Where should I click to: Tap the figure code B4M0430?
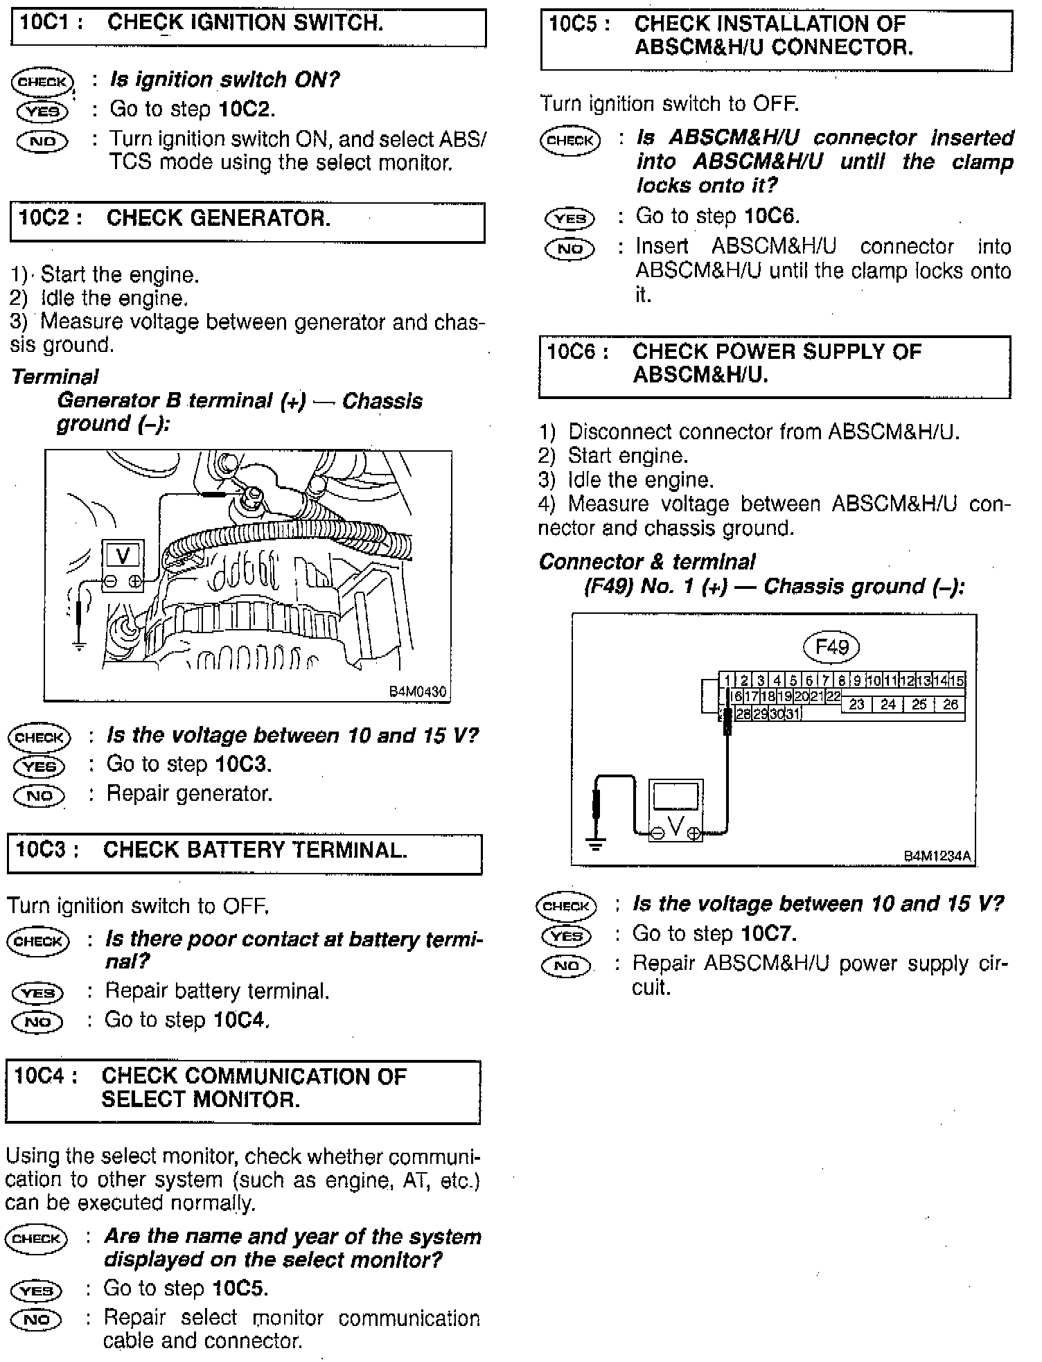point(417,691)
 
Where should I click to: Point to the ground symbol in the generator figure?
point(80,646)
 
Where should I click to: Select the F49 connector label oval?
point(831,647)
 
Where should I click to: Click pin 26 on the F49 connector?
point(950,705)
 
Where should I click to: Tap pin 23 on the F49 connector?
point(857,705)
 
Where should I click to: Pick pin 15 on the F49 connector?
point(957,681)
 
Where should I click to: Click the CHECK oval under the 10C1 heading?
point(42,81)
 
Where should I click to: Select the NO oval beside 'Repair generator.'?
point(39,795)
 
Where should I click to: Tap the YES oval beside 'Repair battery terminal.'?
point(37,993)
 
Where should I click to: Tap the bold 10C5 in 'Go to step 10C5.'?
point(240,1288)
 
